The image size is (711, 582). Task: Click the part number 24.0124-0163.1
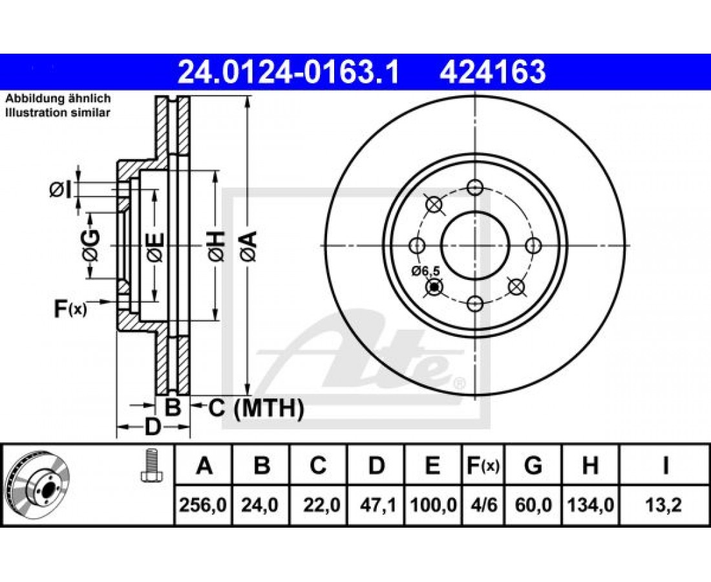click(288, 72)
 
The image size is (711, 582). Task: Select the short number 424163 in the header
click(493, 72)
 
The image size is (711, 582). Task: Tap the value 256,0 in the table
click(203, 505)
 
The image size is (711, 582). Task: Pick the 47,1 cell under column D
click(376, 505)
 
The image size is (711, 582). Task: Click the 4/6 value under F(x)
click(483, 505)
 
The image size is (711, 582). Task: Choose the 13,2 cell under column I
click(664, 505)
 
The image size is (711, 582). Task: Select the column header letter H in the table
click(590, 466)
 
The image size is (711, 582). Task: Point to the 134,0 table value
click(590, 505)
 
